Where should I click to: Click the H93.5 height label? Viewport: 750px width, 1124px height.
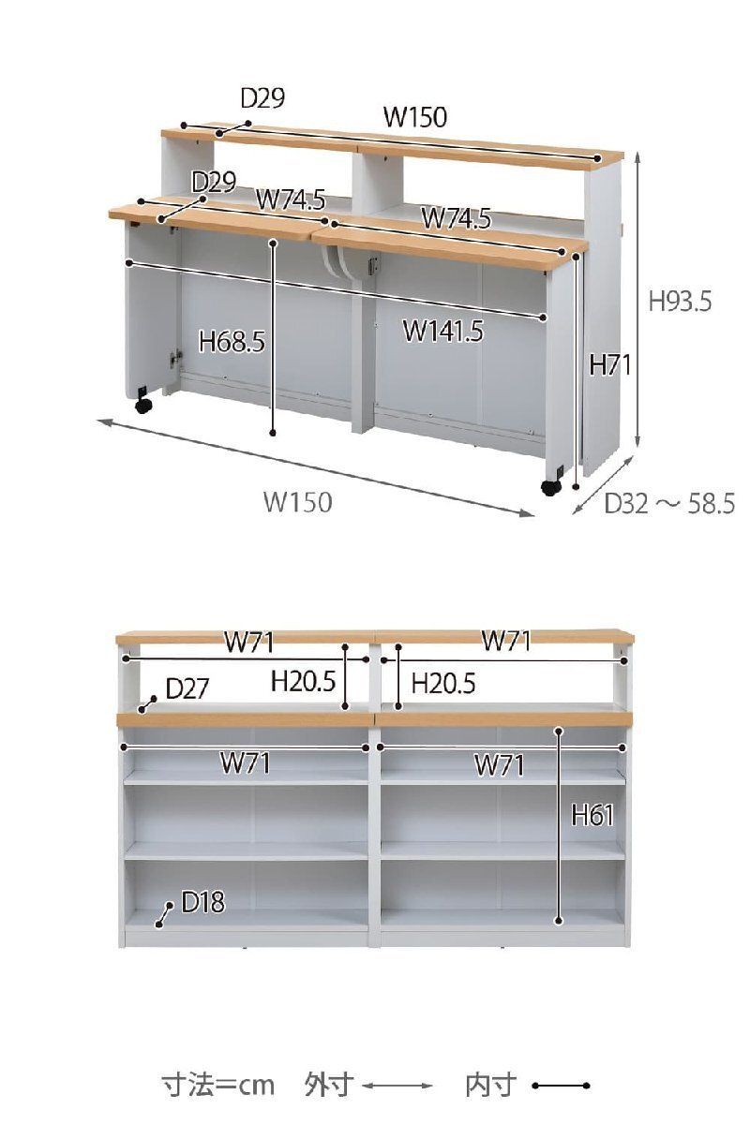680,302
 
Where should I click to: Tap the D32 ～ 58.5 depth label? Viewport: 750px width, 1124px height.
669,503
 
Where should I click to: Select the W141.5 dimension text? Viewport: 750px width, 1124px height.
443,332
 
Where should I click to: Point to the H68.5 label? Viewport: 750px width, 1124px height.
232,342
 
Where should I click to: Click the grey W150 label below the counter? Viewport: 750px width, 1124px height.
298,502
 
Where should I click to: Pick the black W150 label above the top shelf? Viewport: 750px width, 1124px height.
415,117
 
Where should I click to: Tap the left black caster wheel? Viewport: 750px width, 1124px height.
143,405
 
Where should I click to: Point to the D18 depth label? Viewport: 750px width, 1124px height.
202,902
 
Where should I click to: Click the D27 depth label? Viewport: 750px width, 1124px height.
187,688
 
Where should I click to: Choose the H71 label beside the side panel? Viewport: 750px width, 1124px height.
610,364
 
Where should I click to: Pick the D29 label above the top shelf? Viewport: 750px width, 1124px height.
262,97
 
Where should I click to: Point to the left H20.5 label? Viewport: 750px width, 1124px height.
303,682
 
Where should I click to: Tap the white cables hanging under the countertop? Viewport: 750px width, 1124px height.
335,262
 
